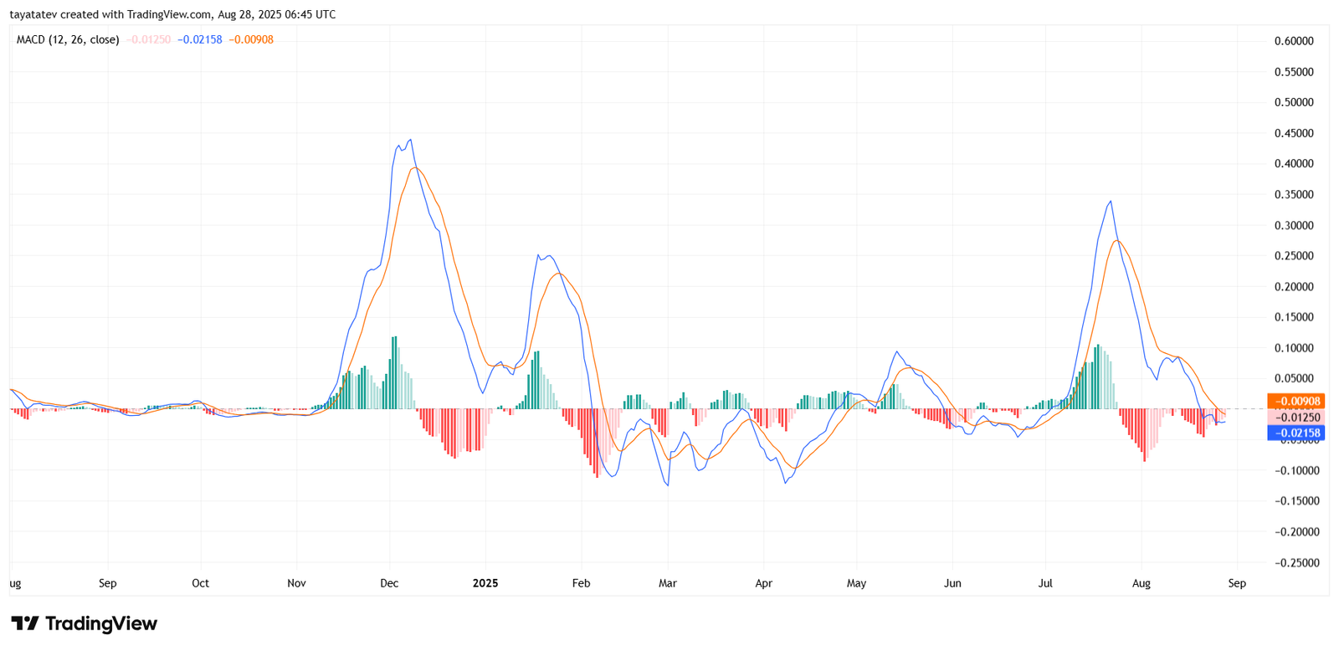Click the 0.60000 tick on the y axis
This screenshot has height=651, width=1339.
1293,41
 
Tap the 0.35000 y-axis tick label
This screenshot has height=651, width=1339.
1293,194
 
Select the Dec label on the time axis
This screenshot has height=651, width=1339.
388,583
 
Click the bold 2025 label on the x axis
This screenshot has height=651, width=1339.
485,583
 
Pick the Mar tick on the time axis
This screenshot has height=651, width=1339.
667,583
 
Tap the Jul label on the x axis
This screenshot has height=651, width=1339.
1045,583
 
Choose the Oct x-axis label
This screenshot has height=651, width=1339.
200,583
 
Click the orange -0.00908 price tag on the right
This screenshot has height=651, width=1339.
1295,402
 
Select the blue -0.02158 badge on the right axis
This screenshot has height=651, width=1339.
1295,433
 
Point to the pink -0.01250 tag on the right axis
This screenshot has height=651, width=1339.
1295,418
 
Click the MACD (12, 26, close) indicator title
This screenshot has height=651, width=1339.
68,39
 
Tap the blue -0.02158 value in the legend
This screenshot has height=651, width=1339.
200,39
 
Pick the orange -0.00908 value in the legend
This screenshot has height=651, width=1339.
251,39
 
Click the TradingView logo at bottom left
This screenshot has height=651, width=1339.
84,623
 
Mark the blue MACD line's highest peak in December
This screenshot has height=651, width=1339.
410,140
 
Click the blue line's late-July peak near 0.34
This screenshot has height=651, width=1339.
1111,201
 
